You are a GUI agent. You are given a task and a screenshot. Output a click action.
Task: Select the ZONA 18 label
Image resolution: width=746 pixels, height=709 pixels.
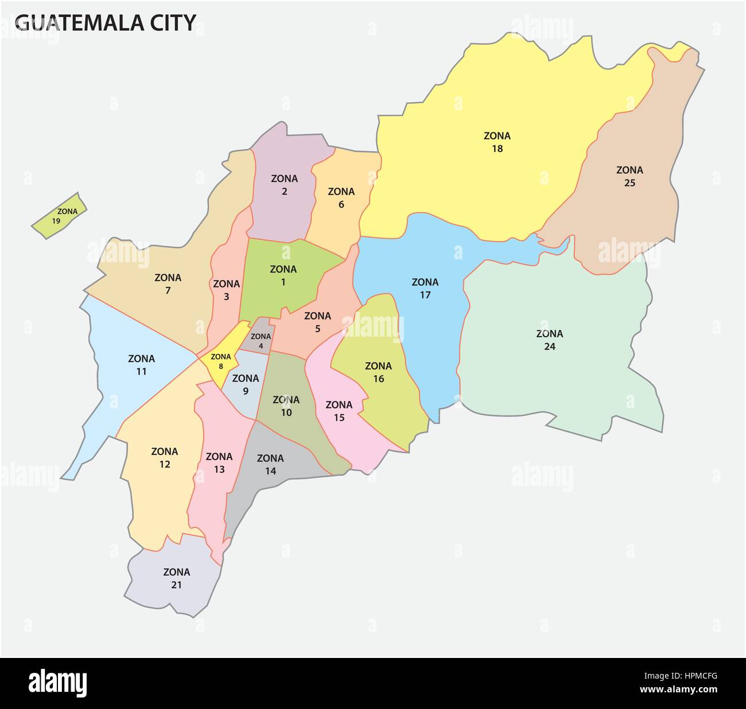[497, 142]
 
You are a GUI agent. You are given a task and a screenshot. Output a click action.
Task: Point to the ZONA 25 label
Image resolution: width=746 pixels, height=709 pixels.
[630, 177]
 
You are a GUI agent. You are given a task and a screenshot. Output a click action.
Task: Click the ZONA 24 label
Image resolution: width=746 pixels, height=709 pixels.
[549, 340]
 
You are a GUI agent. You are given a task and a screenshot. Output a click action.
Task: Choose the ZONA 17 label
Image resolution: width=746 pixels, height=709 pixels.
[425, 289]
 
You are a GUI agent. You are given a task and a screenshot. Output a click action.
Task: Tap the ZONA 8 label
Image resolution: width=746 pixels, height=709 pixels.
[221, 361]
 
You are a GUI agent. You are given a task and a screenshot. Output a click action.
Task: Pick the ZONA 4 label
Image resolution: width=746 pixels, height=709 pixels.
[261, 341]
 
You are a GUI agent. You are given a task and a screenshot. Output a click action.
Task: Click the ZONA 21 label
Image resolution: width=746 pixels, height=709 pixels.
[176, 578]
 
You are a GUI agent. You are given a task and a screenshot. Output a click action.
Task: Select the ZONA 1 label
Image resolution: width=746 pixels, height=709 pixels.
[283, 275]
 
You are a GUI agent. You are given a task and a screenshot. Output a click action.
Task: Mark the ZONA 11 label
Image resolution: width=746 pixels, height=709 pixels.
[141, 365]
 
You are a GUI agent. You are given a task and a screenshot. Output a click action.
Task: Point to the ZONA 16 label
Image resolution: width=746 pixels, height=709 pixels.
[378, 372]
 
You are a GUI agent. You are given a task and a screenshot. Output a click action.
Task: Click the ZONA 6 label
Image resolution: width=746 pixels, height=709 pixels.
[341, 197]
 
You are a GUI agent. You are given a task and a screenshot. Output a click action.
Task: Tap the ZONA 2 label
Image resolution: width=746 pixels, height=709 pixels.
[285, 185]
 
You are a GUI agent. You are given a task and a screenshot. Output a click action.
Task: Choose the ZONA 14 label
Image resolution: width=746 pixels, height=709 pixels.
[270, 465]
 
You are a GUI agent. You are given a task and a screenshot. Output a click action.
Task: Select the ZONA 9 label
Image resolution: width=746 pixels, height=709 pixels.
[246, 384]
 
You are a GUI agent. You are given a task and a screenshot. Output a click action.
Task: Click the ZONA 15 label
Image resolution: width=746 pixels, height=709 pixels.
[339, 411]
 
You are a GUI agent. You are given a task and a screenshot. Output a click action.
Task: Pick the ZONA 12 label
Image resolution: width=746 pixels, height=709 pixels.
[165, 458]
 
